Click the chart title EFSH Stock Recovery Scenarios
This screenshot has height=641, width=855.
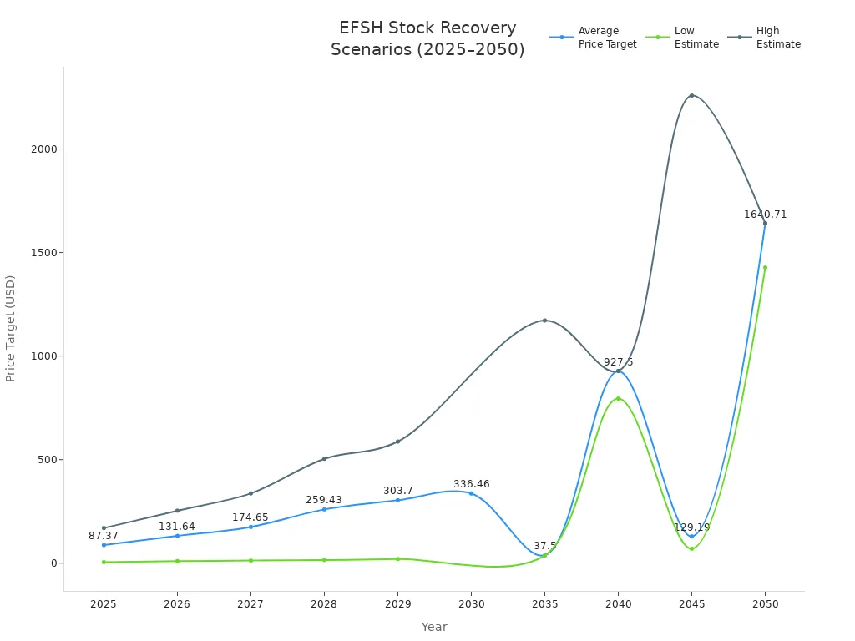427,38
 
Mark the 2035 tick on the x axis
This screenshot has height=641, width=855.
544,603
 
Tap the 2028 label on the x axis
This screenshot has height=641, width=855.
324,603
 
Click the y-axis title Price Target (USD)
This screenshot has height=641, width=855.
11,328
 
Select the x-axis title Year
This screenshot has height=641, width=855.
434,627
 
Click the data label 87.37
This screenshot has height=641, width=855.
104,536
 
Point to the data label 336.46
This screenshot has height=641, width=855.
472,484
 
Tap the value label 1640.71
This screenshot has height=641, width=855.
765,215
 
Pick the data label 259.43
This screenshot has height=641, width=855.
324,500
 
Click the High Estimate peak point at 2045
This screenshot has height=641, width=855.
691,95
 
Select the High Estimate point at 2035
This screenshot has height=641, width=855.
544,320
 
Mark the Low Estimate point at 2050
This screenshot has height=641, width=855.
765,268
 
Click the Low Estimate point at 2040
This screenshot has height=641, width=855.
618,399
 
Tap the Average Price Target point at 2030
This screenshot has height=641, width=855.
471,493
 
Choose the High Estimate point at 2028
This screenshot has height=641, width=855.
324,459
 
